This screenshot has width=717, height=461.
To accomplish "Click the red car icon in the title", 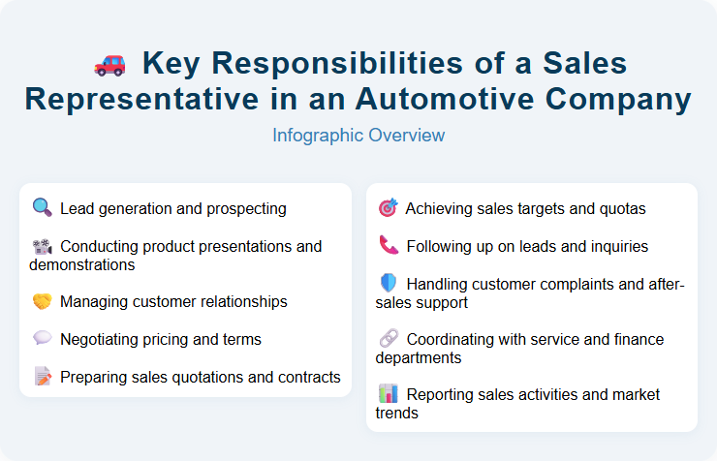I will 109,64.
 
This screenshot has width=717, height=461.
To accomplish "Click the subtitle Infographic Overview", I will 358,135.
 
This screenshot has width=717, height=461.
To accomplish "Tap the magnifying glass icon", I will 42,208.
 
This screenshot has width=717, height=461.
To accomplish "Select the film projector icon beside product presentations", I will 42,246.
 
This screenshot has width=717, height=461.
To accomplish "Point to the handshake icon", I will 42,302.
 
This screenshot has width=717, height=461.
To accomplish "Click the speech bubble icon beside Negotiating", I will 42,339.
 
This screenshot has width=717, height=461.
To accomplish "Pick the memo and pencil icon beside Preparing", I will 42,377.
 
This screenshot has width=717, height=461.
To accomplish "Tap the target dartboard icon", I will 388,208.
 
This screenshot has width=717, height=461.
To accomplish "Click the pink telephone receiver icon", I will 388,246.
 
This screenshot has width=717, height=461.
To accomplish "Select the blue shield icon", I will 388,284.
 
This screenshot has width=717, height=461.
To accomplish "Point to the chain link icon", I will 388,340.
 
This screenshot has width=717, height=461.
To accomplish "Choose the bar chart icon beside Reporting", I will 388,394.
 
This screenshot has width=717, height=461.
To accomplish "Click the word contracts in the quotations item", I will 307,377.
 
